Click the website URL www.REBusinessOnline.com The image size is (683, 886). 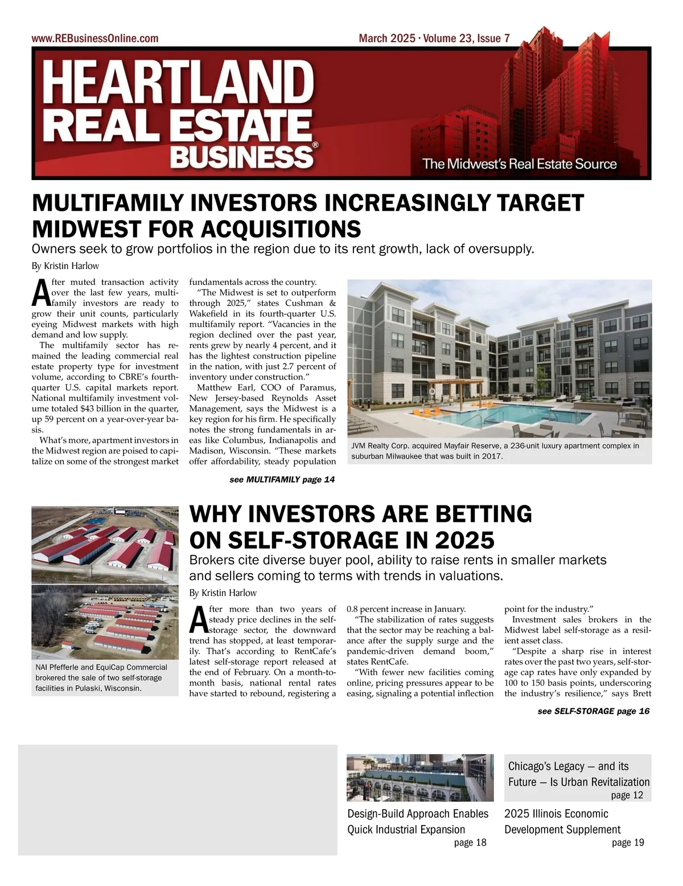pos(95,39)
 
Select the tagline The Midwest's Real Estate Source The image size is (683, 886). pos(519,164)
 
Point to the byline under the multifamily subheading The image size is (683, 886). pos(65,266)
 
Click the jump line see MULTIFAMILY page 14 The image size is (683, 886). pos(282,480)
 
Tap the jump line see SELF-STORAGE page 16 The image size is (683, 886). pos(593,711)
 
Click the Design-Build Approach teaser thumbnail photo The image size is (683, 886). pos(420,777)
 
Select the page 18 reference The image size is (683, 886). pos(470,843)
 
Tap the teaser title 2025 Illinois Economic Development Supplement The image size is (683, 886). pos(562,821)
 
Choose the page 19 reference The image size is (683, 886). pos(628,843)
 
